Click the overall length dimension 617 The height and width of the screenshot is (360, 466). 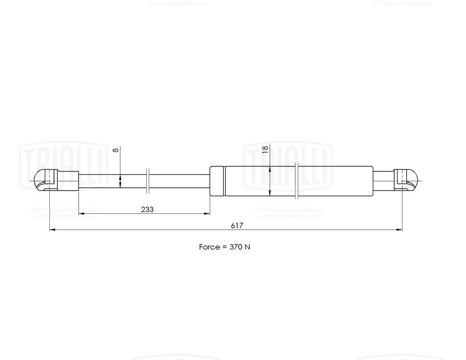click(x=237, y=225)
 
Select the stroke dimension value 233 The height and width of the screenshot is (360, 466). click(x=147, y=210)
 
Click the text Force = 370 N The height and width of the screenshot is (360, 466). click(x=225, y=247)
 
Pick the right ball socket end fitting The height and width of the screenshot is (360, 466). click(x=407, y=180)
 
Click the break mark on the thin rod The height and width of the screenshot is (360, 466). click(x=148, y=180)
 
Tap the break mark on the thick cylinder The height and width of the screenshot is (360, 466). click(x=297, y=180)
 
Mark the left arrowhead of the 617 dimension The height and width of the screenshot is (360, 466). click(x=52, y=230)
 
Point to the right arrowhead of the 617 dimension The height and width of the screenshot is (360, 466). click(x=399, y=230)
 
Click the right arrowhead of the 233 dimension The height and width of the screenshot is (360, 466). click(x=207, y=214)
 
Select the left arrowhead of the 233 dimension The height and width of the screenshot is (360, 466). click(x=81, y=214)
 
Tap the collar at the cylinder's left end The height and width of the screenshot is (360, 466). click(x=217, y=181)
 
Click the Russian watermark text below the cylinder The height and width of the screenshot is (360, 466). click(x=289, y=213)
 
